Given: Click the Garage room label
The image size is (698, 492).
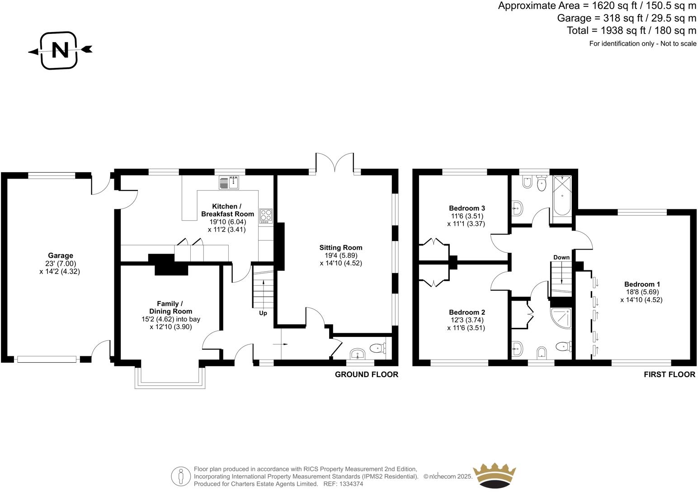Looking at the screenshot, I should [61, 255].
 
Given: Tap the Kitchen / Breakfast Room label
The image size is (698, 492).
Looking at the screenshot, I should [227, 210].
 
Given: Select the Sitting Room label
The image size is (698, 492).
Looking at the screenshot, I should [341, 247].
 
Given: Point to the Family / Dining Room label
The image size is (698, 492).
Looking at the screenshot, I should [170, 307].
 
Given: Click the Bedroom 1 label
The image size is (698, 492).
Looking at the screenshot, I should [642, 284].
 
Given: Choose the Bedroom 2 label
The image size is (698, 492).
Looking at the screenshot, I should [467, 312].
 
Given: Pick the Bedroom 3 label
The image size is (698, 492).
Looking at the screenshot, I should [467, 208].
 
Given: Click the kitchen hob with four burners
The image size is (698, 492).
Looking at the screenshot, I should [266, 216].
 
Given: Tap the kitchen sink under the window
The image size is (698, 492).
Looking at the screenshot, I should [231, 182].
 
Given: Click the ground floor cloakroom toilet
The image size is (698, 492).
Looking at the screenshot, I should [377, 348].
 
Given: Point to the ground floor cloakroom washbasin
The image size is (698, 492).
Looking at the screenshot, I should [358, 353].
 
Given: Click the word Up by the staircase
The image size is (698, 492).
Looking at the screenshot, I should [263, 313].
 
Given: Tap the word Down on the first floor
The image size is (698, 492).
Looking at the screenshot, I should [561, 257].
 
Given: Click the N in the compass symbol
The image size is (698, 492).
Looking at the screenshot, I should [60, 50].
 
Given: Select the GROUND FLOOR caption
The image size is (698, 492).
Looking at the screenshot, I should [366, 374].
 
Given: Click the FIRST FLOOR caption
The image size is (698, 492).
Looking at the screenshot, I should [670, 374].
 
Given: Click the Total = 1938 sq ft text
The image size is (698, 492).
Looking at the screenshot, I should [631, 31].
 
